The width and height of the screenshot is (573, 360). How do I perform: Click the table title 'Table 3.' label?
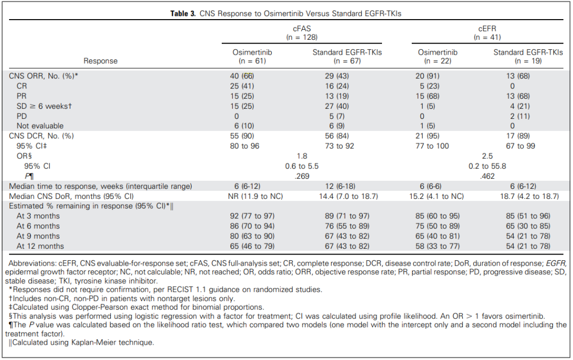183,14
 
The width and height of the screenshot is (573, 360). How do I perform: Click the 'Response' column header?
101,61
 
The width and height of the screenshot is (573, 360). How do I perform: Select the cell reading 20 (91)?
428,76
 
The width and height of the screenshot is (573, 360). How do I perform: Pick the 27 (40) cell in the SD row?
337,106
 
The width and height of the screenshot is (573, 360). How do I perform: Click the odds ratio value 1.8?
302,156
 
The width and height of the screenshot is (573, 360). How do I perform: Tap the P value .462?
487,176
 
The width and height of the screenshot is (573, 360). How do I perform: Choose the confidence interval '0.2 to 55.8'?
487,166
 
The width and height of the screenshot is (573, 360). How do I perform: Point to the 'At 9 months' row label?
38,236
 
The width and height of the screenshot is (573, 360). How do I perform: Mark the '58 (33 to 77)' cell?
438,246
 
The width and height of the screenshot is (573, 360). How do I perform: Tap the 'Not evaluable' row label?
40,126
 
